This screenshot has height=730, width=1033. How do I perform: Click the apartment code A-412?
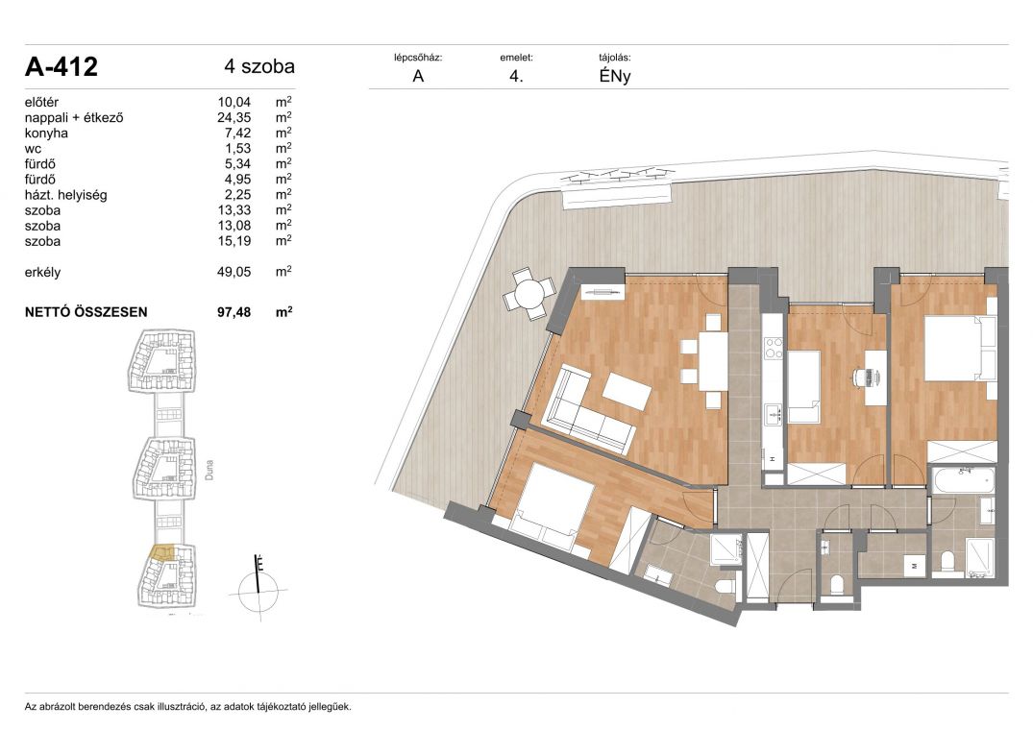pyautogui.click(x=61, y=66)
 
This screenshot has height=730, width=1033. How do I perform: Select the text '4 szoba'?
pyautogui.click(x=259, y=66)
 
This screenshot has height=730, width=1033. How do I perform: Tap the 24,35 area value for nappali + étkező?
pyautogui.click(x=234, y=118)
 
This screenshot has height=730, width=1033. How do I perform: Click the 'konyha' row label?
pyautogui.click(x=46, y=133)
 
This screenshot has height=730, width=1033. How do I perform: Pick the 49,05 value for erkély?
pyautogui.click(x=234, y=272)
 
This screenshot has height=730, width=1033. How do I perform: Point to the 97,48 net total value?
pyautogui.click(x=234, y=312)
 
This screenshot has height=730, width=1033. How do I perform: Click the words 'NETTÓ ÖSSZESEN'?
pyautogui.click(x=86, y=312)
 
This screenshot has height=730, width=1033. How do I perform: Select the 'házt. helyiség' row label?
pyautogui.click(x=66, y=195)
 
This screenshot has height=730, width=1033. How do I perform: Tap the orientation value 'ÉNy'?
pyautogui.click(x=615, y=76)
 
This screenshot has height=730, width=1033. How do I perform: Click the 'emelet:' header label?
pyautogui.click(x=517, y=58)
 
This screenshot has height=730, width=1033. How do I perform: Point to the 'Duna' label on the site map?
pyautogui.click(x=209, y=470)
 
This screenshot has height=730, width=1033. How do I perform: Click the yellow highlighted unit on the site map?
pyautogui.click(x=162, y=552)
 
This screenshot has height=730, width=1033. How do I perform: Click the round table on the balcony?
pyautogui.click(x=529, y=294)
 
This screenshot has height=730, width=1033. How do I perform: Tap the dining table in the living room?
pyautogui.click(x=713, y=361)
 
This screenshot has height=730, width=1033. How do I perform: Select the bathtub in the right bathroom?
pyautogui.click(x=963, y=481)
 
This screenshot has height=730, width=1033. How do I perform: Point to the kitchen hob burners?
pyautogui.click(x=774, y=347)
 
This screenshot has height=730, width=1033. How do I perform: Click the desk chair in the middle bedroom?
pyautogui.click(x=860, y=377)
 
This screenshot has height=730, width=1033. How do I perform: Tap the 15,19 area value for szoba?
pyautogui.click(x=234, y=241)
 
